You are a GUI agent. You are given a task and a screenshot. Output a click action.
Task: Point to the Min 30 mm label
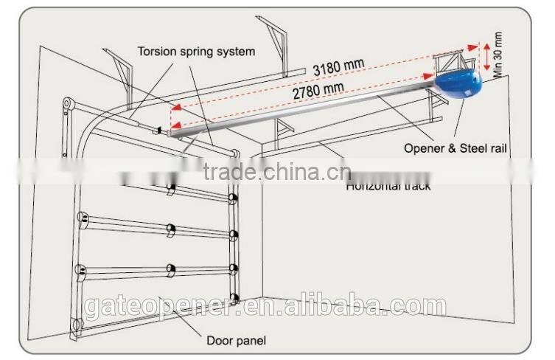(x=498, y=55)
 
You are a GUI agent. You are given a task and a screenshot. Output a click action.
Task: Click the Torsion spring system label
(x=196, y=52)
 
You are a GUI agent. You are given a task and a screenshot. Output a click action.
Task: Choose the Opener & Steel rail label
(x=455, y=148)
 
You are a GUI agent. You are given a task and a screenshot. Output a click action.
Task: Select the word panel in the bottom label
(x=251, y=340)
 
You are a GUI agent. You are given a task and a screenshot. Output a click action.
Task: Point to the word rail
(x=498, y=148)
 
